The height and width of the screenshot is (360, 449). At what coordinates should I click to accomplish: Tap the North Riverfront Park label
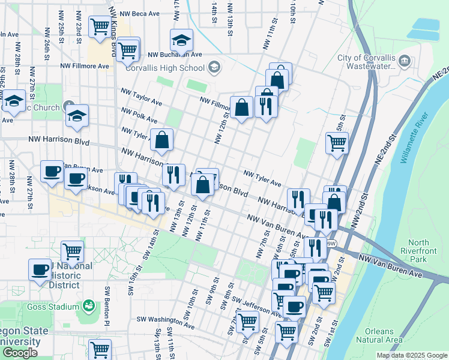click(x=427, y=251)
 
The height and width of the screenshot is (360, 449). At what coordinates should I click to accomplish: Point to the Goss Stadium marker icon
click(x=89, y=307)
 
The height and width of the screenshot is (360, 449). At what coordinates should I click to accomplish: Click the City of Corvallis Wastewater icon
click(x=405, y=61)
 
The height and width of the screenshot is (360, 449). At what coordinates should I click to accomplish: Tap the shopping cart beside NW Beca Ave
click(x=99, y=26)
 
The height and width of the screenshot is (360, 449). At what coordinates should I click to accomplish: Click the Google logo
click(x=20, y=353)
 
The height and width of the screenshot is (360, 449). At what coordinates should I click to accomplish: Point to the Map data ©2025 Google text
click(x=411, y=356)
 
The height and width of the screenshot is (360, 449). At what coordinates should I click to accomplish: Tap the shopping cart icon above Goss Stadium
click(x=72, y=251)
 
